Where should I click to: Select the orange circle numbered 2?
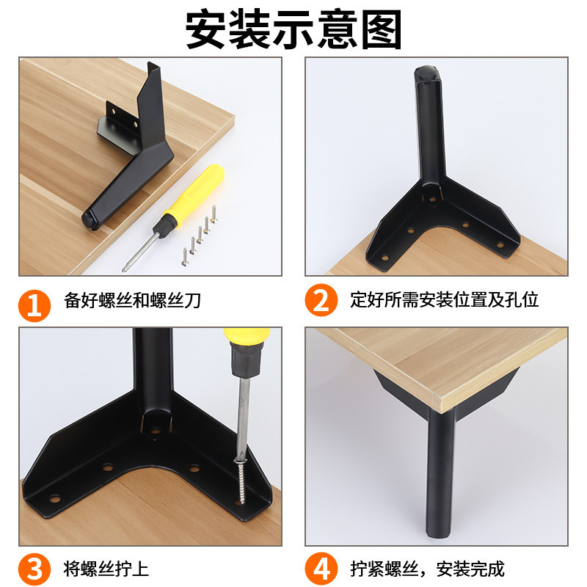point(321,300)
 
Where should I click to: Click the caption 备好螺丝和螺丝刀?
point(133,300)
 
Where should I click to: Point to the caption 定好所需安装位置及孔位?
point(445,300)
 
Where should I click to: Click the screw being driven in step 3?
point(241,477)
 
